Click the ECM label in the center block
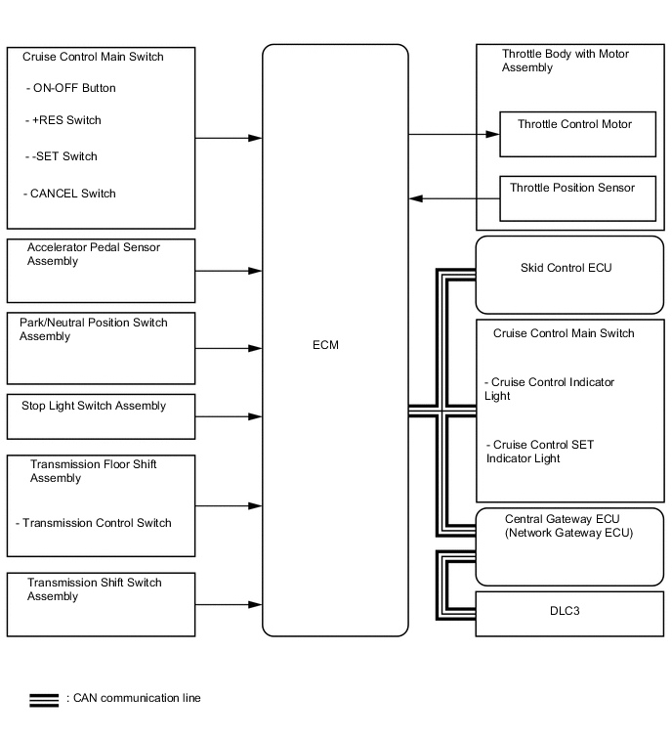point(328,345)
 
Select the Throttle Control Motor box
point(577,134)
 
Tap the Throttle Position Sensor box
point(577,198)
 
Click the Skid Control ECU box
point(569,275)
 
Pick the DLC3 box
point(569,614)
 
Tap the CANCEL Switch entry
point(72,194)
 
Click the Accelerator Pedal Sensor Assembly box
point(101,271)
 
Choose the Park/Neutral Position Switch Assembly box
point(101,348)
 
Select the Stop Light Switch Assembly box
point(101,417)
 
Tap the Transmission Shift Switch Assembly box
point(101,605)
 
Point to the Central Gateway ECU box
point(569,546)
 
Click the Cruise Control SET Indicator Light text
point(539,452)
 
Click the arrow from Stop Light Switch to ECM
point(229,417)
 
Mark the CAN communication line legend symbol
point(44,699)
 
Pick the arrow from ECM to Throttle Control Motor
point(454,135)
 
